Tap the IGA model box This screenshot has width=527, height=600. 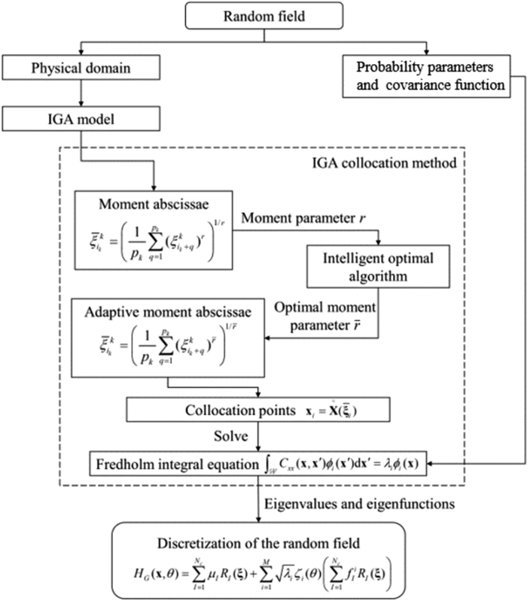point(81,119)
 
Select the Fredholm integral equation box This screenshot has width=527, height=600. point(264,461)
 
